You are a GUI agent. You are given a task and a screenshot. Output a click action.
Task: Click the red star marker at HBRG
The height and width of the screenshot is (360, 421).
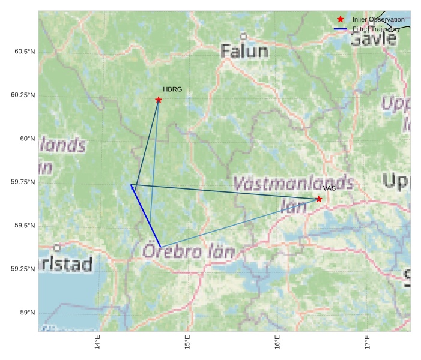pos(159,100)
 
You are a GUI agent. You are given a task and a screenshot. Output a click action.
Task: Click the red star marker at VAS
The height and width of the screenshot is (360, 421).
pos(319,199)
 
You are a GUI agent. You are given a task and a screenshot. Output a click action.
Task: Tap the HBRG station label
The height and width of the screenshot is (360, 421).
pos(172,89)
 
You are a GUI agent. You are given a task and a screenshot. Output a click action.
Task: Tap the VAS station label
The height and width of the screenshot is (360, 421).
pos(329,188)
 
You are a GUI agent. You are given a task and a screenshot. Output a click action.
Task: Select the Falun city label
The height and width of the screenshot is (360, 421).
pos(244,51)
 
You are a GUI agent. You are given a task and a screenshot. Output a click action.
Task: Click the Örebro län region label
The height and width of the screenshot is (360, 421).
pos(188,251)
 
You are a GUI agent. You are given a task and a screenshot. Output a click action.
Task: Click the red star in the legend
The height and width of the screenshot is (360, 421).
pos(341,19)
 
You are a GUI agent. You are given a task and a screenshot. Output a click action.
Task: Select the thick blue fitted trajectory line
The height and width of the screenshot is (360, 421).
pos(146,217)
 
